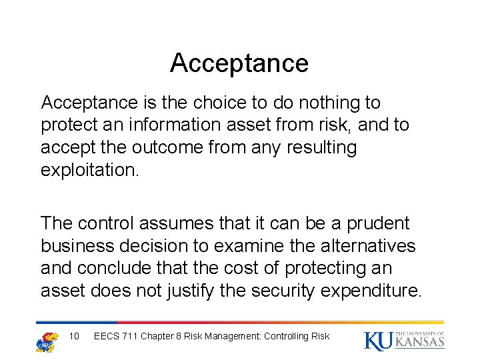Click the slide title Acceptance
pyautogui.click(x=239, y=63)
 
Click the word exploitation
pyautogui.click(x=90, y=169)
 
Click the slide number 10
pyautogui.click(x=74, y=336)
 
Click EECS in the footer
pyautogui.click(x=107, y=336)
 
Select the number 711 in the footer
pyautogui.click(x=130, y=336)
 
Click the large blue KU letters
pyautogui.click(x=379, y=341)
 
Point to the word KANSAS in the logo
pyautogui.click(x=419, y=343)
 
